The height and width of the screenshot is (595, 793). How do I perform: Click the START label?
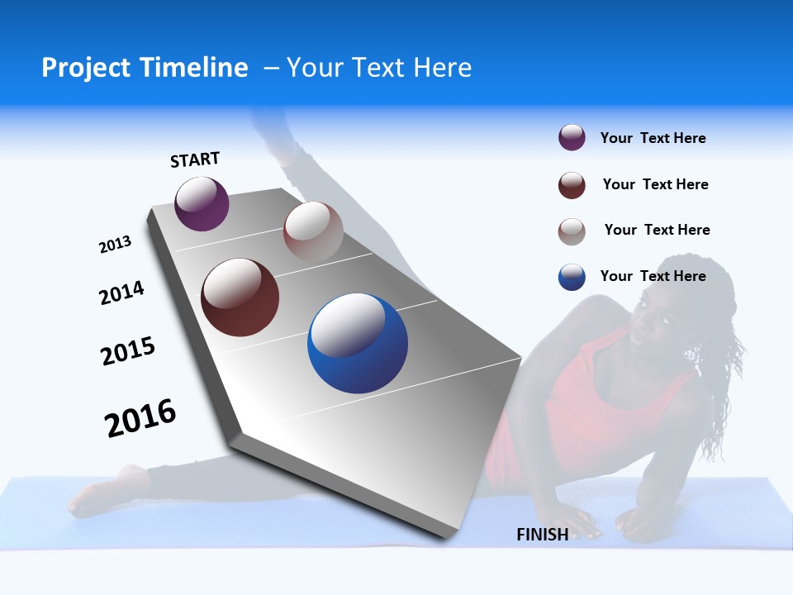tap(195, 159)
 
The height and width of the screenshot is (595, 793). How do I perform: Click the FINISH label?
tap(542, 535)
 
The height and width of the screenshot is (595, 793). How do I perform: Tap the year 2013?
tap(115, 245)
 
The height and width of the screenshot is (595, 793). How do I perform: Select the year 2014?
tap(121, 293)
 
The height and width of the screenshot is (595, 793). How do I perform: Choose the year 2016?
tap(140, 418)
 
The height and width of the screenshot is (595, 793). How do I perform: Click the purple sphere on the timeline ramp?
tap(202, 203)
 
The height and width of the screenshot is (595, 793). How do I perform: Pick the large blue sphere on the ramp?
tap(358, 343)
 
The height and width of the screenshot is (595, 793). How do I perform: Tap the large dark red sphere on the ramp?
tap(240, 297)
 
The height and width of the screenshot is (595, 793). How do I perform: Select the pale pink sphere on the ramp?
tap(313, 231)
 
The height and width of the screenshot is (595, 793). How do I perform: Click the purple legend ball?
tap(572, 138)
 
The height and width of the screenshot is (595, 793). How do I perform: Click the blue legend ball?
tap(572, 277)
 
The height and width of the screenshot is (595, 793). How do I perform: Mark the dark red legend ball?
tap(572, 185)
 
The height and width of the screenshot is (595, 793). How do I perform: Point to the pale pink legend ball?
tap(572, 231)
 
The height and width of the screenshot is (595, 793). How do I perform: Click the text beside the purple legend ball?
tap(653, 139)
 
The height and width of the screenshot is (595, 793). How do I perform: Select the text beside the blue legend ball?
tap(653, 276)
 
